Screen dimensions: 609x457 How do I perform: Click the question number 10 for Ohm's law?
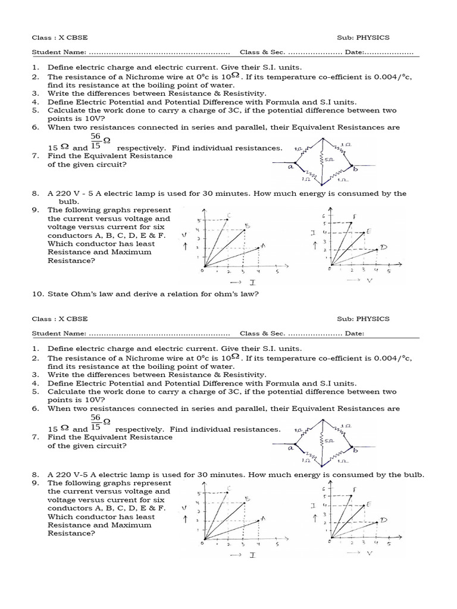coord(36,294)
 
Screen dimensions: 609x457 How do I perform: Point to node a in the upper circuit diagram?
coord(292,168)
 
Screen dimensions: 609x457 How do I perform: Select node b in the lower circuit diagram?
coord(355,451)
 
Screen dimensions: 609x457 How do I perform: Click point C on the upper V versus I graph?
coord(229,215)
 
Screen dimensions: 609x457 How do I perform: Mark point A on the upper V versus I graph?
coord(262,246)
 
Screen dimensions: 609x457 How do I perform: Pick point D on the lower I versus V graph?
coord(383,520)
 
